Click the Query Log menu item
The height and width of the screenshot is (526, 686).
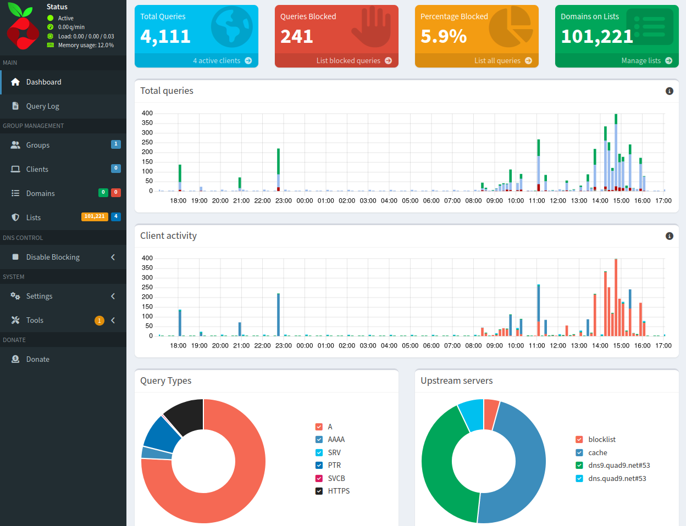pos(42,106)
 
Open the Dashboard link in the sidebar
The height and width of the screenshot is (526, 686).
pos(43,82)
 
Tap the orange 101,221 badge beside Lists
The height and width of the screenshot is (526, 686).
pos(95,216)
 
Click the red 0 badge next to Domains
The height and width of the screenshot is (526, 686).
pos(115,192)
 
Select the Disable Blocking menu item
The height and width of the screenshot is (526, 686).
pos(53,257)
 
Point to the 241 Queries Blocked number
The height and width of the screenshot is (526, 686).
pos(297,36)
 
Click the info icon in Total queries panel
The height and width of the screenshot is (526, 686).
pos(669,91)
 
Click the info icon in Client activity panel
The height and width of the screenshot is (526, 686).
pos(669,236)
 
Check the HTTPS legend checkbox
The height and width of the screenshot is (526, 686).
pos(319,491)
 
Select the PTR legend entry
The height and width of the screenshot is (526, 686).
pos(334,465)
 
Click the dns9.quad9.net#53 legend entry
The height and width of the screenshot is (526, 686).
pos(618,465)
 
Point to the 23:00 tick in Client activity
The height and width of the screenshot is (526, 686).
pos(284,345)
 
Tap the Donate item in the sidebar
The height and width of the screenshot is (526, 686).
pos(37,359)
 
